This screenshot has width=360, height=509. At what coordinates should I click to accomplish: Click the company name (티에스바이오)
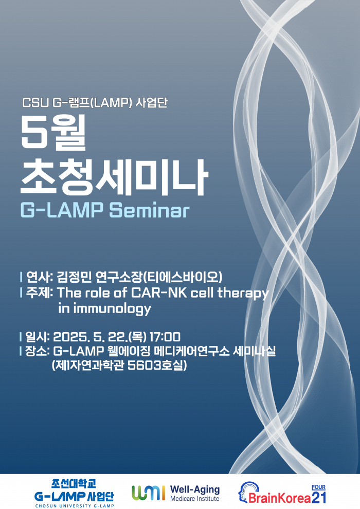(x=183, y=277)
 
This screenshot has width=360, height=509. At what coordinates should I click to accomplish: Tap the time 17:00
(x=165, y=337)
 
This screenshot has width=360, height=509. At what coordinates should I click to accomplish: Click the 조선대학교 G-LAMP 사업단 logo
(x=74, y=493)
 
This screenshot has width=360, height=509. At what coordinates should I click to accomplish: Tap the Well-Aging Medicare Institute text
(x=194, y=493)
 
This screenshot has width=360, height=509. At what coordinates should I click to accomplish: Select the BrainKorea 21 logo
(x=282, y=494)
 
